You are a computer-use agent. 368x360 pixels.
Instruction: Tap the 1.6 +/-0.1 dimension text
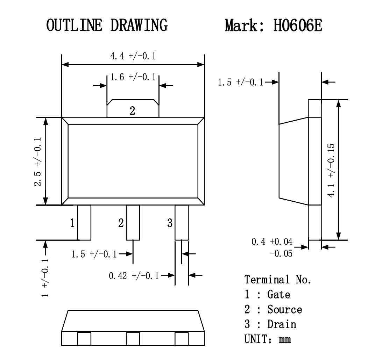coord(133,77)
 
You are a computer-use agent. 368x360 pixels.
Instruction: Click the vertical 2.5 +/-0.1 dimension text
coord(38,161)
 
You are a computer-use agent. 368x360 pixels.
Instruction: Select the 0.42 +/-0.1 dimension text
coord(134,276)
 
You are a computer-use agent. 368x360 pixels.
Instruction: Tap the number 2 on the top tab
coord(132,111)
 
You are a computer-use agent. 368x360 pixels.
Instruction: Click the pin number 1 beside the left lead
coord(72,223)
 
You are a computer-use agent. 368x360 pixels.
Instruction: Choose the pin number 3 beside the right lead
coord(170,223)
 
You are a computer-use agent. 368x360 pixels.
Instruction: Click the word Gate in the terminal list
coord(279,295)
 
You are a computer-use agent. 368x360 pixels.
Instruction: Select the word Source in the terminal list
coord(284,309)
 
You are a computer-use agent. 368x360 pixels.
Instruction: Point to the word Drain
coord(282,324)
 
